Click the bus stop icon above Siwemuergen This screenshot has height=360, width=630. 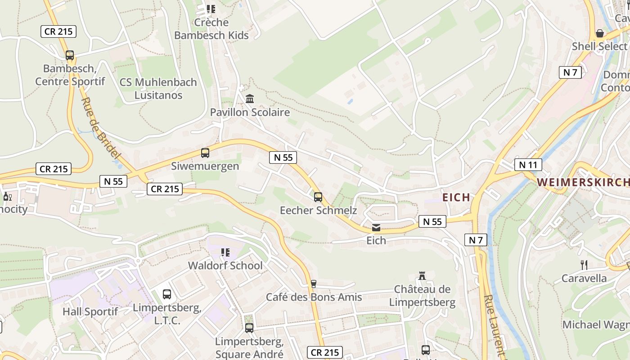[x=205, y=153]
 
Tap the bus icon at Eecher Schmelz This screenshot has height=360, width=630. [x=318, y=197]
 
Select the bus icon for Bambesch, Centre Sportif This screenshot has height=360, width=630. [x=70, y=55]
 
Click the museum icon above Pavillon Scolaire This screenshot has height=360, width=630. [x=250, y=99]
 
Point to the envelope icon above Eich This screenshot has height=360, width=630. [x=376, y=228]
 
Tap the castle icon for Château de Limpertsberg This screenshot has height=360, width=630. [x=422, y=276]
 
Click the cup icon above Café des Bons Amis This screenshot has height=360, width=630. [x=314, y=284]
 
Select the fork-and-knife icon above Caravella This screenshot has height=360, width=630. [x=584, y=265]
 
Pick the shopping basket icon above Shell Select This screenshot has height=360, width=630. [x=599, y=33]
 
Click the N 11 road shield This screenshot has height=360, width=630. [x=528, y=165]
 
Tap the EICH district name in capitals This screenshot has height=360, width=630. [x=456, y=198]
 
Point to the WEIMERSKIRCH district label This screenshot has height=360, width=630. [x=583, y=182]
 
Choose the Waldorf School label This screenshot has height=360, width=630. [x=225, y=265]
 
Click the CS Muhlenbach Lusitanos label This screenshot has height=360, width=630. [x=158, y=89]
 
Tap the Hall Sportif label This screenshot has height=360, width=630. [x=90, y=311]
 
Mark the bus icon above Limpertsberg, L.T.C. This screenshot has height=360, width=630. [x=167, y=294]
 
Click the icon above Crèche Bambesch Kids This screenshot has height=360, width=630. [x=211, y=9]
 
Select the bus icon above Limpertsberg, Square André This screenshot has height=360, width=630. [x=249, y=328]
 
